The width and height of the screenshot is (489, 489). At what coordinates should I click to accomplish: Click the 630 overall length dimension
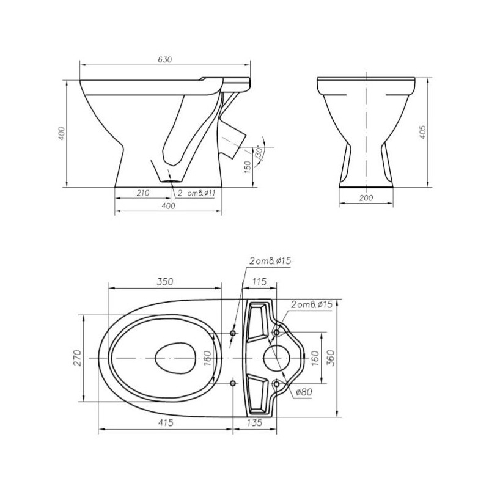[x=164, y=59]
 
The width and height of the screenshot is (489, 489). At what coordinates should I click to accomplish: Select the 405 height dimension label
[x=422, y=132]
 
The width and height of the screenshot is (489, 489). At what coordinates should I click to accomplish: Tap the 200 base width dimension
[x=366, y=197]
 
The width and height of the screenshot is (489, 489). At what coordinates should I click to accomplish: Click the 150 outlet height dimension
[x=248, y=167]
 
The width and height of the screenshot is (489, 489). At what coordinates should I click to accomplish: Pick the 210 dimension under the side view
[x=143, y=193]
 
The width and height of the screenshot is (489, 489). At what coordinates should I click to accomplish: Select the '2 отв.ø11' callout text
[x=196, y=193]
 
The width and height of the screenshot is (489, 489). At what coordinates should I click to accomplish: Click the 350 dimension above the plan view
[x=164, y=282]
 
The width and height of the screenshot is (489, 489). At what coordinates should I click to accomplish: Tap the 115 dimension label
[x=259, y=282]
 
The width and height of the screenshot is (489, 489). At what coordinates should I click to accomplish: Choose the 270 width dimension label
[x=78, y=358]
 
